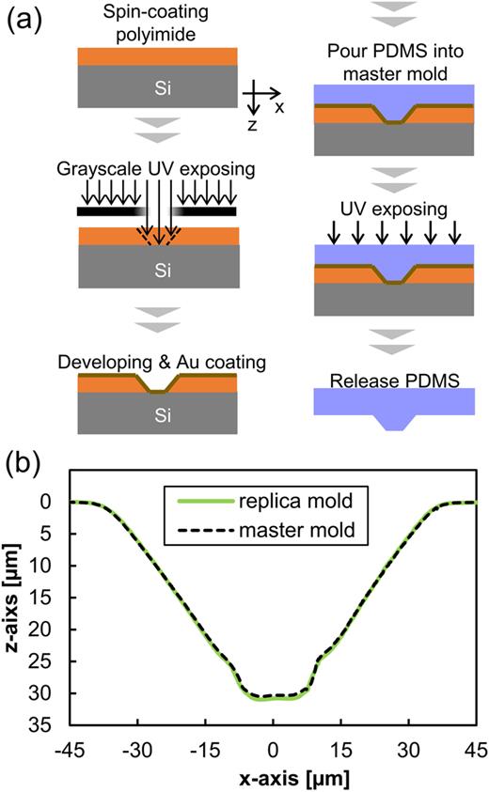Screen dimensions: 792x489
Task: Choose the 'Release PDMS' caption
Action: coord(392,379)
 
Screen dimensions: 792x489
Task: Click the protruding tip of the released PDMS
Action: coord(392,425)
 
